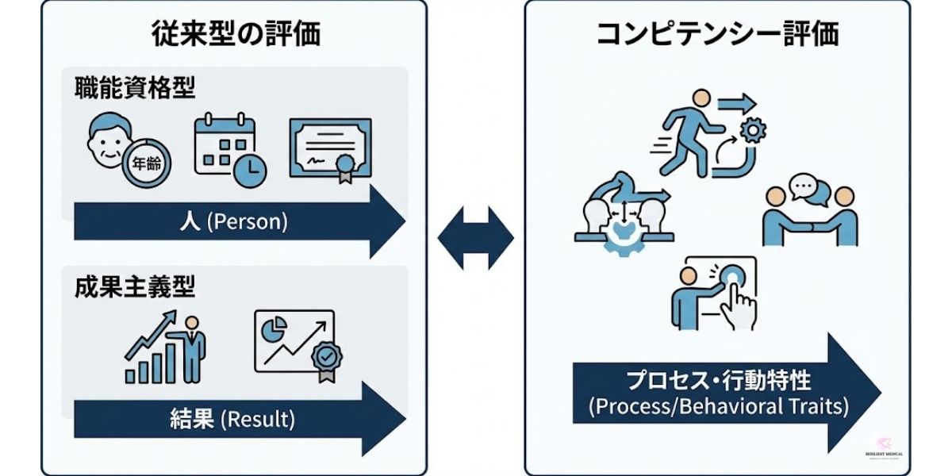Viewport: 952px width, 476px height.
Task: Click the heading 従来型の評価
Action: [x=236, y=34]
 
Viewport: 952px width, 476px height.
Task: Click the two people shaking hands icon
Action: [x=804, y=214]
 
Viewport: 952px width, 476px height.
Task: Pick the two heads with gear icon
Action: [x=623, y=219]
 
